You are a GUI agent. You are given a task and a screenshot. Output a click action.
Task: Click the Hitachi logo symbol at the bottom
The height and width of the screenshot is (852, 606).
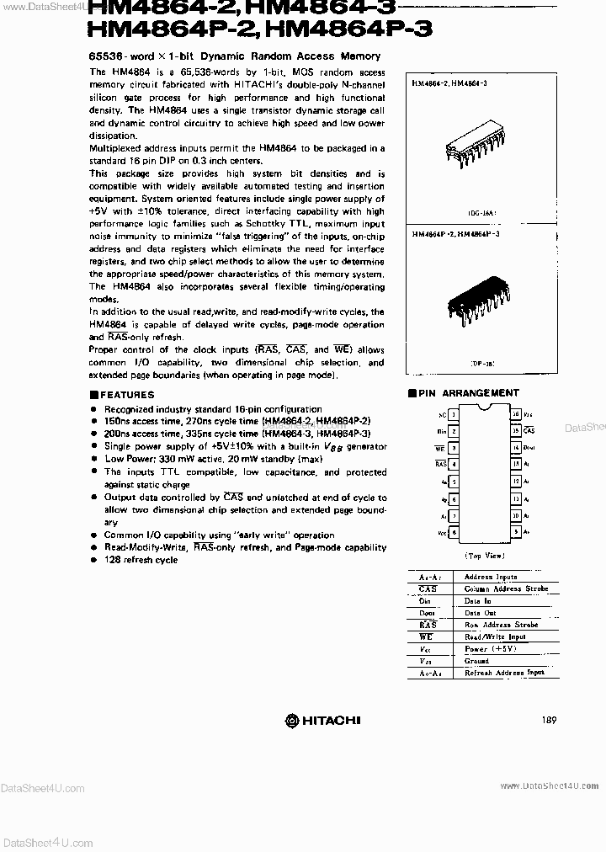[292, 720]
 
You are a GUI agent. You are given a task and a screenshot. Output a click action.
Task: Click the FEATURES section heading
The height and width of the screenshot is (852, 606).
[126, 394]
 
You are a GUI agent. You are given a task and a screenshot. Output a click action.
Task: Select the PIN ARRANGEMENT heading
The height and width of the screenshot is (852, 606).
[468, 392]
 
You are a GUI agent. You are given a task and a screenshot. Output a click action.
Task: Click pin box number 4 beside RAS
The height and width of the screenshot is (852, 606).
[454, 464]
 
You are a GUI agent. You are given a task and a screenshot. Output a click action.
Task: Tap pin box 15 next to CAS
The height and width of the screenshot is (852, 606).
[515, 430]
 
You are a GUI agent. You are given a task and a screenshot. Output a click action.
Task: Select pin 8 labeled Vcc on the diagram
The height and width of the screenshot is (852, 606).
[454, 532]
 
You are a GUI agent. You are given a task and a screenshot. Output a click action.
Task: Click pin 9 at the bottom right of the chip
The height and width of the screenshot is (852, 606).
[515, 532]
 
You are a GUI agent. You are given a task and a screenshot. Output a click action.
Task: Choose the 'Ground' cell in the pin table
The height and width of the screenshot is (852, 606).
[476, 661]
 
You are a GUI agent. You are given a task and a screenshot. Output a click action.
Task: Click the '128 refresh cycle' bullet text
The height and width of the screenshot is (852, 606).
[141, 560]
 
